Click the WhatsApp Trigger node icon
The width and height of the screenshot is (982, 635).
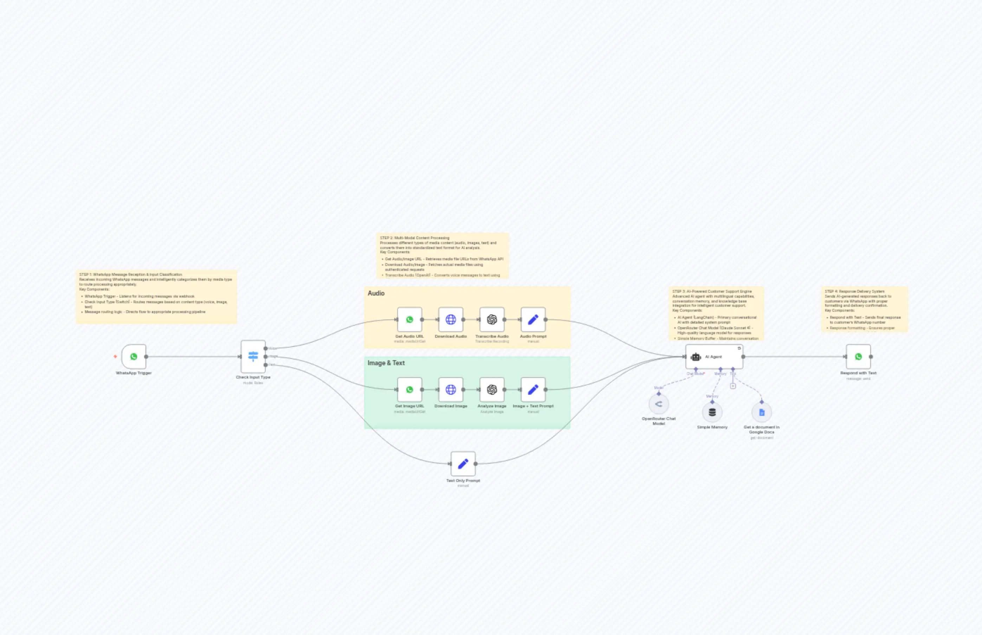click(134, 357)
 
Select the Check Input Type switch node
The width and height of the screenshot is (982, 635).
click(253, 357)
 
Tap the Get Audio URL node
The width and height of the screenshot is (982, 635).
click(409, 319)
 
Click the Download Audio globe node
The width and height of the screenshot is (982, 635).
click(451, 319)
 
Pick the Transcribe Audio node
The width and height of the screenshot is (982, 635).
click(492, 319)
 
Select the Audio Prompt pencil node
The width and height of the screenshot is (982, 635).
click(533, 319)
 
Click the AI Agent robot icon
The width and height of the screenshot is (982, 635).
click(696, 357)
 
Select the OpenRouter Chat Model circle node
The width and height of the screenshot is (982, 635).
click(659, 404)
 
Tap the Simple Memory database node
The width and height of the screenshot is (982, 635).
click(712, 412)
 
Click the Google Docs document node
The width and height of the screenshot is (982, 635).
click(762, 412)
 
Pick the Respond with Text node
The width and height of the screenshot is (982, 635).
click(858, 357)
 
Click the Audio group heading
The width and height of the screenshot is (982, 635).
click(376, 293)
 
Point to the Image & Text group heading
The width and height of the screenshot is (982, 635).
click(386, 363)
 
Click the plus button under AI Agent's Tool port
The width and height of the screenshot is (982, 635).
click(733, 386)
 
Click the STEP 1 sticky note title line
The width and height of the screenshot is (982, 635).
click(131, 274)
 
